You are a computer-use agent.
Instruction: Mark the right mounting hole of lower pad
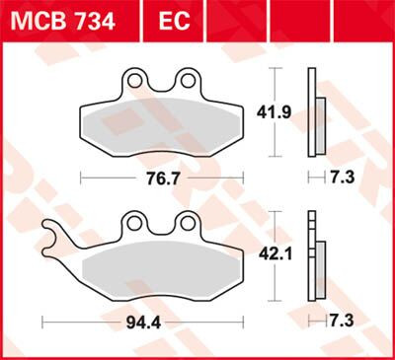[x=186, y=225]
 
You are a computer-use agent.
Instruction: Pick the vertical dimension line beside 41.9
[x=276, y=113]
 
